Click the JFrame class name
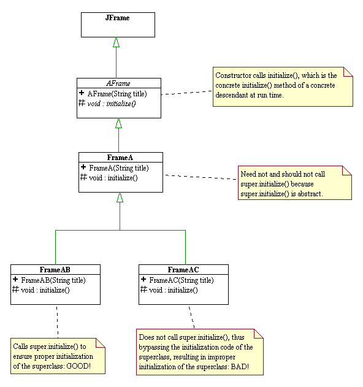(x=118, y=18)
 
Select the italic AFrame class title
(x=118, y=83)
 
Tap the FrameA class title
(x=120, y=158)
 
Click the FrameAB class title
(x=55, y=270)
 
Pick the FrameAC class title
(x=183, y=270)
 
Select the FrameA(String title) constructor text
(x=118, y=167)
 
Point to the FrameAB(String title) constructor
(x=53, y=280)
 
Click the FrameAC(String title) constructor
(x=181, y=280)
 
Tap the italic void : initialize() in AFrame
(x=112, y=104)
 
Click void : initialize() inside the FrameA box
(x=113, y=178)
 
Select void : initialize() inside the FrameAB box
(x=45, y=290)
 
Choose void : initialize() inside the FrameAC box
(x=174, y=290)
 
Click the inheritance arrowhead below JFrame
(x=116, y=42)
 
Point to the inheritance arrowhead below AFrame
(x=119, y=123)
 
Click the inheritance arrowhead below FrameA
(x=120, y=197)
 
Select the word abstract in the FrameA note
(x=310, y=193)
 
